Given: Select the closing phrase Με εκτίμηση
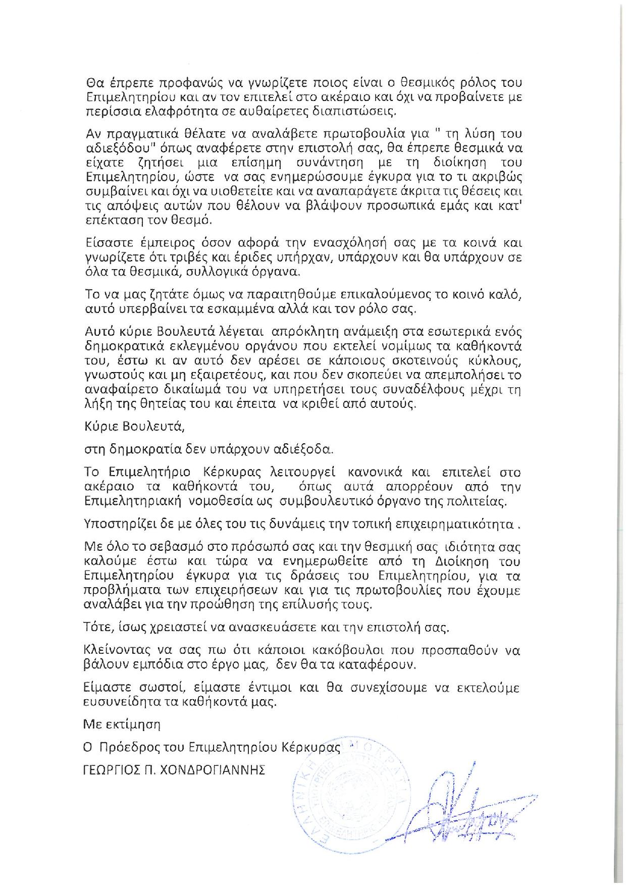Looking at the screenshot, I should pos(122,725).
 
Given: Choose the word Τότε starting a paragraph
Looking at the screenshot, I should pos(95,628).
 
